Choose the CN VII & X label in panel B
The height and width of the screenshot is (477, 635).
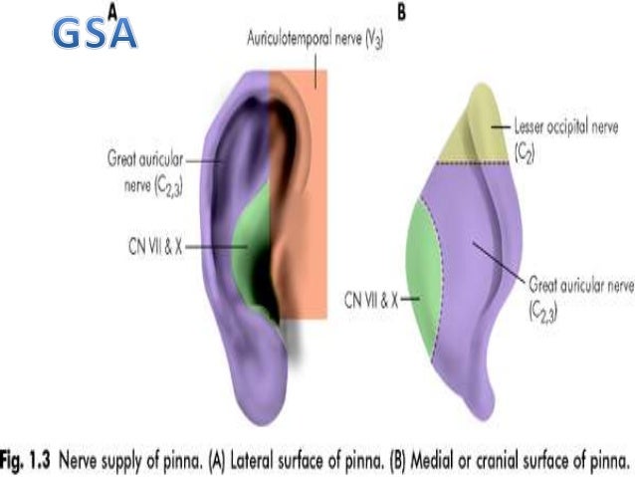click(x=370, y=296)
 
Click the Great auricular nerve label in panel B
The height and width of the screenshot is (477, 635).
click(x=581, y=296)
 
